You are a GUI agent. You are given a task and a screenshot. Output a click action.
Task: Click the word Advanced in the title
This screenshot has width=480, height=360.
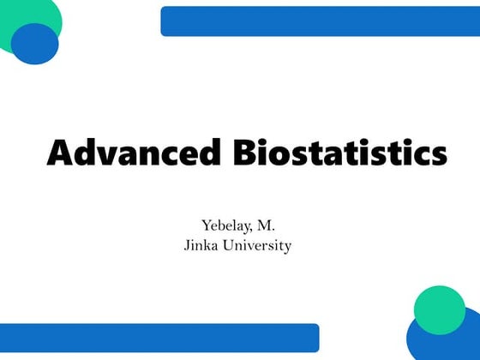coord(136,153)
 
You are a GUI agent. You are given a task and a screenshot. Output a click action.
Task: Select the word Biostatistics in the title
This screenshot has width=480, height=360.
coord(340,153)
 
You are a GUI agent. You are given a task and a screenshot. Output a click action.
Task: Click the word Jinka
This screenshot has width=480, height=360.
coord(201,246)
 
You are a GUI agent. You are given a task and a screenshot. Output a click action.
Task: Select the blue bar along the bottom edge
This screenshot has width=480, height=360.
coord(159,337)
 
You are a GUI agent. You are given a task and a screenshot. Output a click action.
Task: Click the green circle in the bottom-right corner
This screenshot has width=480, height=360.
coord(440,309)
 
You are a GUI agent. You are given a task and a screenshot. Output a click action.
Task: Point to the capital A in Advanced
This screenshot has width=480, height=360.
coord(61,153)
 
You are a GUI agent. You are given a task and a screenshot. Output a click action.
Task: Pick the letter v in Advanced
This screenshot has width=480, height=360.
coord(111,155)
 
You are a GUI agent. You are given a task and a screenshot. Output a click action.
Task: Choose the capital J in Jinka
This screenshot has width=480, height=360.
coord(186,246)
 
